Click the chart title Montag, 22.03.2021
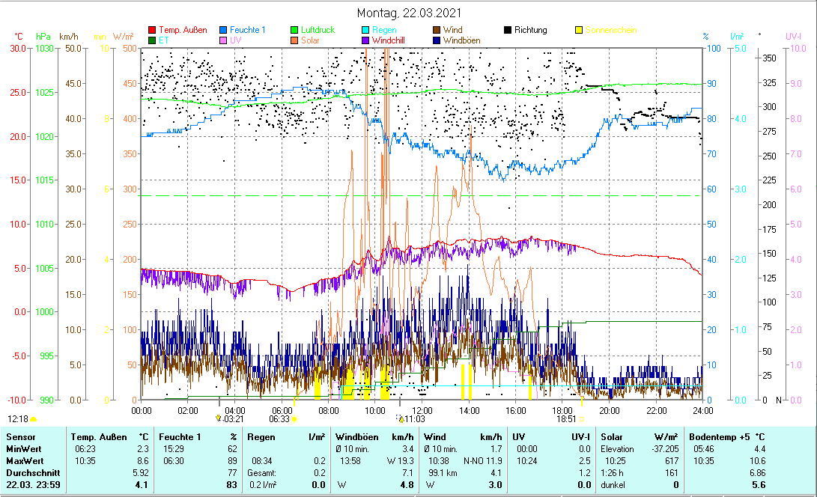409,13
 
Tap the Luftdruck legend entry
318,30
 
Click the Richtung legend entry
530,30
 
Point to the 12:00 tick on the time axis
422,410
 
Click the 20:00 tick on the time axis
610,410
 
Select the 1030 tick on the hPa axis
45,49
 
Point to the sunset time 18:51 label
567,420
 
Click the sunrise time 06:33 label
279,420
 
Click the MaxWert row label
24,460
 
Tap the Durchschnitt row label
29,473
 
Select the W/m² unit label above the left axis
124,37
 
